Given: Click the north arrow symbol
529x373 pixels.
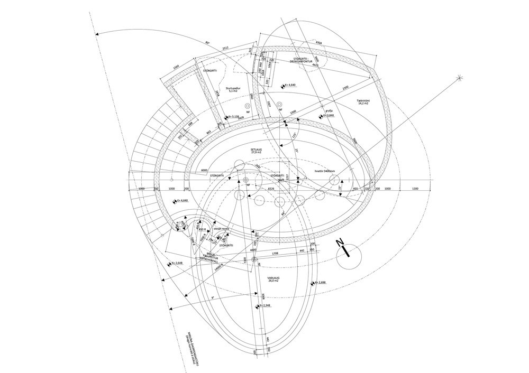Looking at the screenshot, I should tap(346, 250).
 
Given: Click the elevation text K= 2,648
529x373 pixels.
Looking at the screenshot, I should tap(176, 263).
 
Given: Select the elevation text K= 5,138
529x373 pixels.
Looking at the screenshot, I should tap(230, 117).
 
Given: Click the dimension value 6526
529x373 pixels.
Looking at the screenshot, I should tap(271, 188).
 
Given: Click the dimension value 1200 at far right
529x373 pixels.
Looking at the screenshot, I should tap(415, 188).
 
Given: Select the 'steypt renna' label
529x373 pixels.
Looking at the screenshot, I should tap(221, 228).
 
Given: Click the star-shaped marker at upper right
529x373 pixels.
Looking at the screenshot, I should tap(460, 79).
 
